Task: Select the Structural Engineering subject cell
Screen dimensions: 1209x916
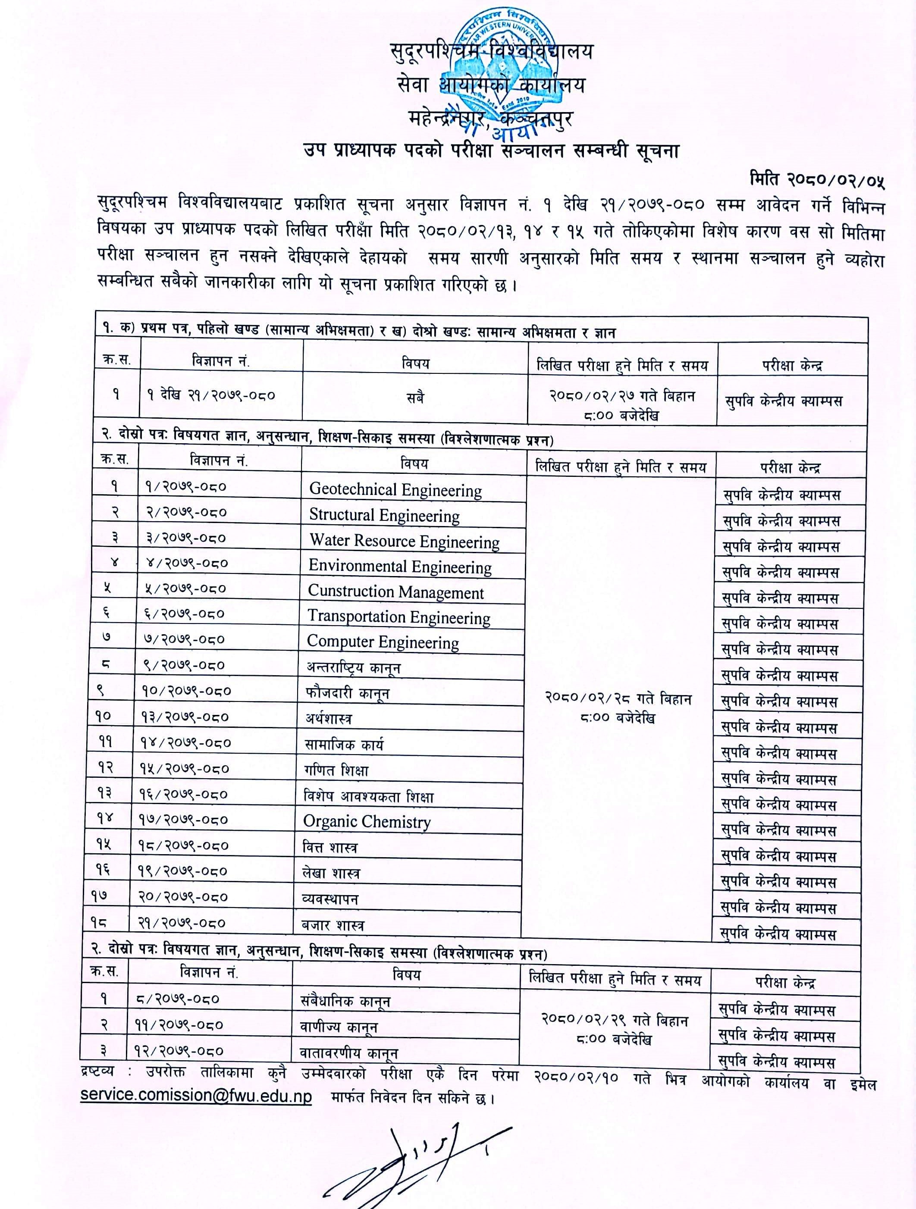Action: coord(385,515)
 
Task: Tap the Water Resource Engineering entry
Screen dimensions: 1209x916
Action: coord(405,541)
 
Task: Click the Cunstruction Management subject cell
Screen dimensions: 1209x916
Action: coord(396,592)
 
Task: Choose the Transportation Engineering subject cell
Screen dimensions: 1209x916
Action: coord(399,617)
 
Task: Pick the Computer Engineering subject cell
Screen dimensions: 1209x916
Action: coord(383,642)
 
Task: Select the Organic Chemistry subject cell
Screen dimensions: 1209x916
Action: coord(367,821)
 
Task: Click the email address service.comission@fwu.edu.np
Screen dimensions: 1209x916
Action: coord(196,1095)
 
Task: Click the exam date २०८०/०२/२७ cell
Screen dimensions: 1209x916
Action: coord(622,404)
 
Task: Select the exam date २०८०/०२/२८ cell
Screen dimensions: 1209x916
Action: coord(618,708)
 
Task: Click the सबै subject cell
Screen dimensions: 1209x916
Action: coord(415,398)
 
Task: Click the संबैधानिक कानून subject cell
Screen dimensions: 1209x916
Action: coord(345,1001)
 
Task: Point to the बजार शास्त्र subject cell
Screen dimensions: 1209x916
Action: coord(333,925)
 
